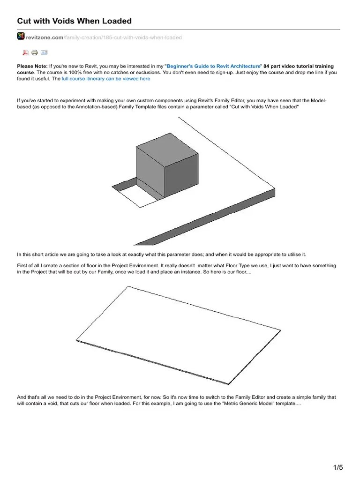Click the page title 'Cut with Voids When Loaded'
(x=74, y=21)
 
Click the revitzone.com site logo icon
(x=21, y=36)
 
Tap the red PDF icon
(x=25, y=52)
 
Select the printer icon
(x=35, y=52)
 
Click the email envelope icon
(x=44, y=52)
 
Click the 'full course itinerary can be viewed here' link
(x=106, y=79)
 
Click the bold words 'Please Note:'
(x=32, y=67)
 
